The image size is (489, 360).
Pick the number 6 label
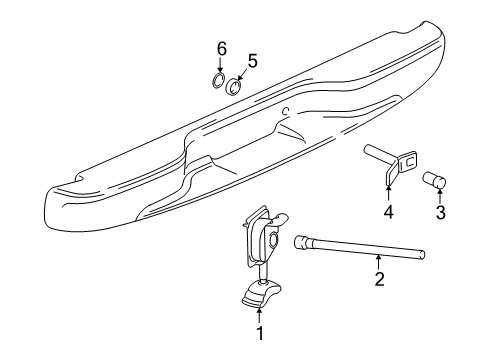[x=222, y=47]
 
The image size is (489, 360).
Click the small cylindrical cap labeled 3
[x=437, y=181]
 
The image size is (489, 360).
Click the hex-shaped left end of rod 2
[x=301, y=268]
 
